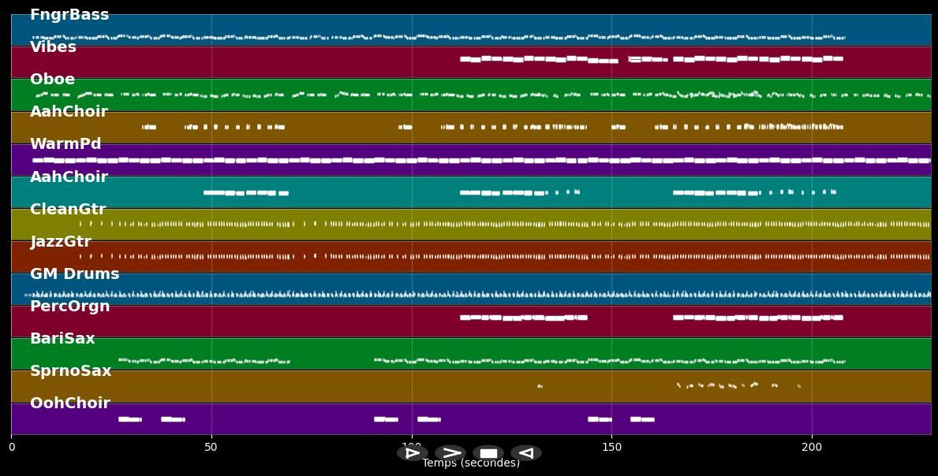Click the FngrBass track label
pyautogui.click(x=69, y=15)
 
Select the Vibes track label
pyautogui.click(x=53, y=47)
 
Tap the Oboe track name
pyautogui.click(x=52, y=80)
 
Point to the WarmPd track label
pyautogui.click(x=65, y=144)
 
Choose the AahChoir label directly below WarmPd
pyautogui.click(x=69, y=177)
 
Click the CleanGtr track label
pyautogui.click(x=68, y=210)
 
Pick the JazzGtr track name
pyautogui.click(x=61, y=242)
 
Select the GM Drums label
pyautogui.click(x=74, y=274)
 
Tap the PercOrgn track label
pyautogui.click(x=69, y=307)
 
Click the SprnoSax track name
pyautogui.click(x=70, y=371)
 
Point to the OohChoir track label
pyautogui.click(x=69, y=403)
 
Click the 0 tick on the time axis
pyautogui.click(x=11, y=448)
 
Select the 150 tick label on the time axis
pyautogui.click(x=611, y=448)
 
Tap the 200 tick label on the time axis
pyautogui.click(x=812, y=448)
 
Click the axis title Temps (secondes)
pyautogui.click(x=471, y=463)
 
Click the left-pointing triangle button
pyautogui.click(x=526, y=453)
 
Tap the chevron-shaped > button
pyautogui.click(x=450, y=453)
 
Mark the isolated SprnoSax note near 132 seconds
pyautogui.click(x=540, y=386)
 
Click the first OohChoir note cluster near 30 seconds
pyautogui.click(x=129, y=419)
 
